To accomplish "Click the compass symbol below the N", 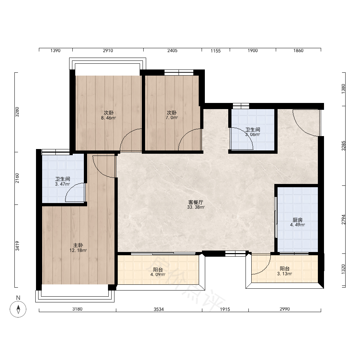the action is point(18,309).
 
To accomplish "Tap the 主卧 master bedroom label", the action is point(78,245).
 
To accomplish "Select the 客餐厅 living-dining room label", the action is point(195,202).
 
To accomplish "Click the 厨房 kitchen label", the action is point(298,220).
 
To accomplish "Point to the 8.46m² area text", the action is point(109,118).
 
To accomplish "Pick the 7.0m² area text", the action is point(172,118).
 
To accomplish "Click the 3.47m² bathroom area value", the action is point(62,184).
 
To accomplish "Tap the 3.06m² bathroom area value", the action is point(253,135).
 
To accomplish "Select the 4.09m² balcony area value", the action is point(158,274).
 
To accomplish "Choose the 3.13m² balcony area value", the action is point(285,274).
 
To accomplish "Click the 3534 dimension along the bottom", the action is point(159,309).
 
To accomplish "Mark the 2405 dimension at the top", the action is point(172,50).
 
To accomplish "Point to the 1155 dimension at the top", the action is point(216,51).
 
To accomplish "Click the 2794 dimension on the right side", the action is point(343,220).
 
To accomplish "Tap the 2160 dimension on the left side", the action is point(17,178).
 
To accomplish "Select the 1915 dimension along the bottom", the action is point(225,309).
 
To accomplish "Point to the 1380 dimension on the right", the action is point(343,89).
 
